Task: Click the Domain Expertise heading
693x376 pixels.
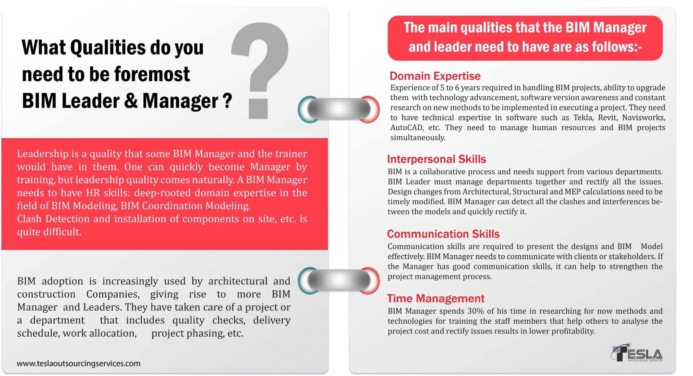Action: pyautogui.click(x=435, y=76)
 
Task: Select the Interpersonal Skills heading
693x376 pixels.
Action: pyautogui.click(x=436, y=159)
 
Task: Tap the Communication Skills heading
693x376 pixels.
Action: pyautogui.click(x=443, y=234)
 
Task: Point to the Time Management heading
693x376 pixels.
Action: pyautogui.click(x=436, y=299)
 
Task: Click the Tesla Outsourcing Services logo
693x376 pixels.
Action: pyautogui.click(x=637, y=352)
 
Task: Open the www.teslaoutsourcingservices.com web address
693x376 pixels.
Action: pyautogui.click(x=78, y=363)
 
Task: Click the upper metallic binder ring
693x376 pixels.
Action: pyautogui.click(x=339, y=109)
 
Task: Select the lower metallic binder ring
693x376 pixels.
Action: pyautogui.click(x=339, y=281)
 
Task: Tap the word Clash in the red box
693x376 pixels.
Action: pyautogui.click(x=29, y=219)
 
